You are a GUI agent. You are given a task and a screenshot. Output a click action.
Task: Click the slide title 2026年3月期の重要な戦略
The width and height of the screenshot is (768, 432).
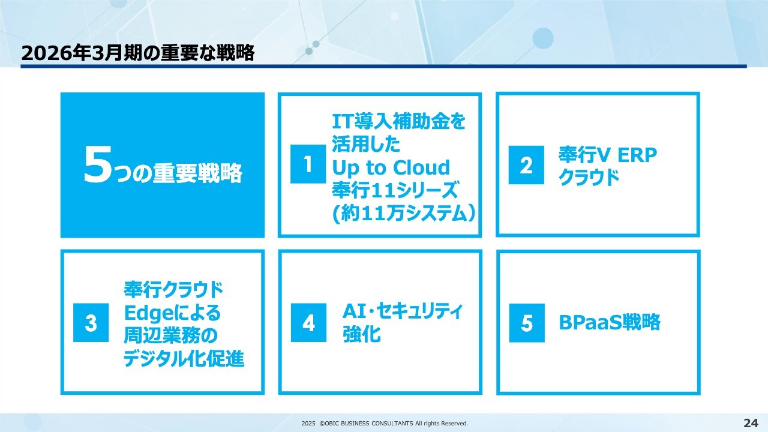point(138,53)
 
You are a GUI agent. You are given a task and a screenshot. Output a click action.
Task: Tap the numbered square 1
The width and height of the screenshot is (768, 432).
point(308,164)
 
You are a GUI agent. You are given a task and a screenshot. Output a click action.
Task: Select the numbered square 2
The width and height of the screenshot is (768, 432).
point(526,165)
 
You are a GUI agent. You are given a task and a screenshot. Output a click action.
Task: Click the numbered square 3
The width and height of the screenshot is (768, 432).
point(91,323)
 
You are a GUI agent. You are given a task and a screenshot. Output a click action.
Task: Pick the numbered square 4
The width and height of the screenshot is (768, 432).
point(308,323)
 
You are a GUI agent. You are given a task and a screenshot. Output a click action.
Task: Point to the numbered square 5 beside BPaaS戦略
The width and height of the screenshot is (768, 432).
point(527,323)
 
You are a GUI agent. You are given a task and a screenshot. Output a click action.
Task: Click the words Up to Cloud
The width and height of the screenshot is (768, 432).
point(391,167)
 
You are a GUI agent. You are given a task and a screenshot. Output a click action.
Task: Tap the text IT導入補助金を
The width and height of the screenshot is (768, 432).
point(399,121)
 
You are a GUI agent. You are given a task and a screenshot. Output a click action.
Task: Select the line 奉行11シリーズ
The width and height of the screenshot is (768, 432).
point(395,190)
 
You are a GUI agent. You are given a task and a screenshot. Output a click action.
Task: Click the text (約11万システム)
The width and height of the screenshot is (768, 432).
point(404,213)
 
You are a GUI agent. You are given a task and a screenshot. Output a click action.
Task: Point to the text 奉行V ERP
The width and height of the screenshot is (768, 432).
point(608,155)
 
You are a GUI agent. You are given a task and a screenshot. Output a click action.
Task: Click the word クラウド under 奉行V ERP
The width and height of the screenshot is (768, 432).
point(589,177)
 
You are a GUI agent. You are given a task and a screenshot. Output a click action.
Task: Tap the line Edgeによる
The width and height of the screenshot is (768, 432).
point(172,313)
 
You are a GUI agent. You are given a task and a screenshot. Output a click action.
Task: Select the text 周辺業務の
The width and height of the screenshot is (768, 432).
point(170,335)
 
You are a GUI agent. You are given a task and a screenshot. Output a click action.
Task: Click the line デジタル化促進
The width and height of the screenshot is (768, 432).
point(184,359)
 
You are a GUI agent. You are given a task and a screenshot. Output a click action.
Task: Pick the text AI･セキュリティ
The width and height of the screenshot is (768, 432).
point(403,311)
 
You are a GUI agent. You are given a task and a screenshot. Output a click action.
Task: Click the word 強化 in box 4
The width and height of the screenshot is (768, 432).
point(362,334)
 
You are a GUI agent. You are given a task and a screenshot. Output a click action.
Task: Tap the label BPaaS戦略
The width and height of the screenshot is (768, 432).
point(609,322)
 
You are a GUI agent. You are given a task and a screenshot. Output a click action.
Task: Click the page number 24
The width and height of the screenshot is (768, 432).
point(751,423)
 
